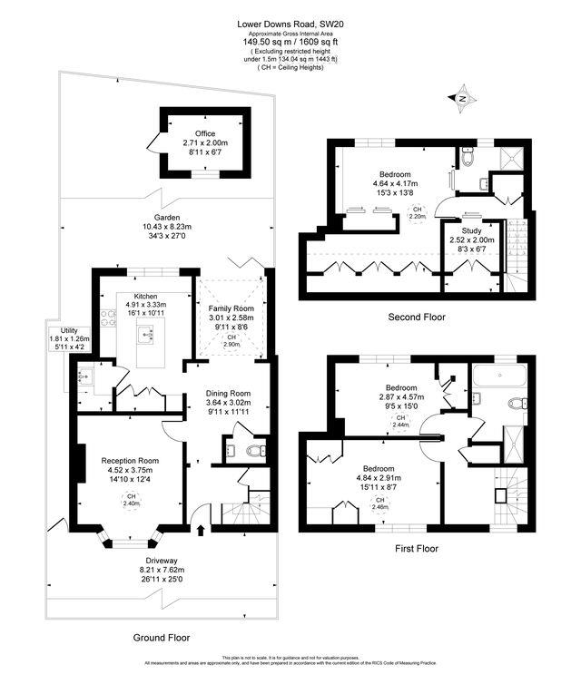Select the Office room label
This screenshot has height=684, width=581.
click(204, 133)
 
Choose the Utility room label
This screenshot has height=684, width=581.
click(63, 331)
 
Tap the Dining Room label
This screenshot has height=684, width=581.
click(233, 393)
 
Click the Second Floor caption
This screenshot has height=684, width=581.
click(419, 318)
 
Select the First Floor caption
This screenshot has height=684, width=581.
click(417, 548)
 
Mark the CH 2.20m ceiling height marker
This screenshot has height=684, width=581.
click(418, 213)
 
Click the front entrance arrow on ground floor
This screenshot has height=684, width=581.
click(201, 530)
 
